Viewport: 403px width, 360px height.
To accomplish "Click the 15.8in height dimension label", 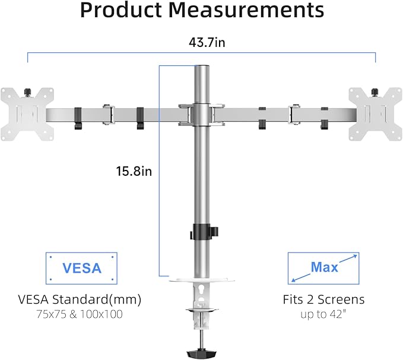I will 134,172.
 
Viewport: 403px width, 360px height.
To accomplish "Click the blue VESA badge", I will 82,267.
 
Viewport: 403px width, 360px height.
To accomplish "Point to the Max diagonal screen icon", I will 323,267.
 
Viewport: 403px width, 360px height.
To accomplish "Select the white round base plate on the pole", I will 201,277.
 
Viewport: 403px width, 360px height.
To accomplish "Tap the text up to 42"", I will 323,314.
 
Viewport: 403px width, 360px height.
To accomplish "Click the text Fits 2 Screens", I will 323,299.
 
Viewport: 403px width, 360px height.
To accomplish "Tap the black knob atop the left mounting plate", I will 27,91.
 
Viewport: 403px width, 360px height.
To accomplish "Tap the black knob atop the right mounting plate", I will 374,91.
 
